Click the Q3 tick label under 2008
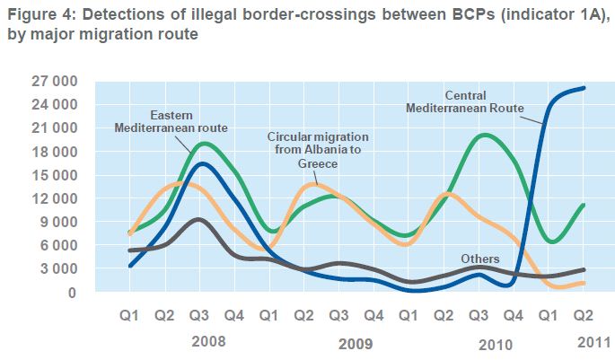(x=200, y=316)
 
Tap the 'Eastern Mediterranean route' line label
(x=171, y=122)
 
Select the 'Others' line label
(x=479, y=259)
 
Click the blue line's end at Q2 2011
(x=584, y=88)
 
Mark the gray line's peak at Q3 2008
(x=200, y=219)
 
